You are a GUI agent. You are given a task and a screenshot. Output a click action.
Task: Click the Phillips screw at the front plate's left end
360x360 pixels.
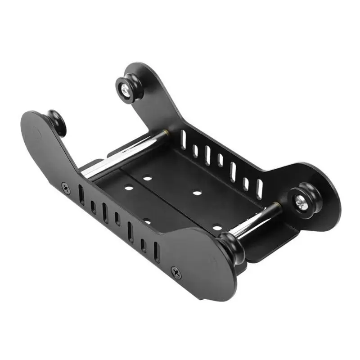pos(66,188)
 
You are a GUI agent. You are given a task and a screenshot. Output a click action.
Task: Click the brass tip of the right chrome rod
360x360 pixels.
pos(278,207)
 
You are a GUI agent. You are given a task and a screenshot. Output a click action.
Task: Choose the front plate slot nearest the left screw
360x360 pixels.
pos(81,195)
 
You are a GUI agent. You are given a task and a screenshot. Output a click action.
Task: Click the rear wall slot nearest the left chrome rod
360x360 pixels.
pos(183,139)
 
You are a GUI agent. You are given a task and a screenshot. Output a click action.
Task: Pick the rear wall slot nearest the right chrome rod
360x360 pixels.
pos(259,189)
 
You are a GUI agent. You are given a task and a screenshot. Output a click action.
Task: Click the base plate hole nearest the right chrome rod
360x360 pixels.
pos(217,228)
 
